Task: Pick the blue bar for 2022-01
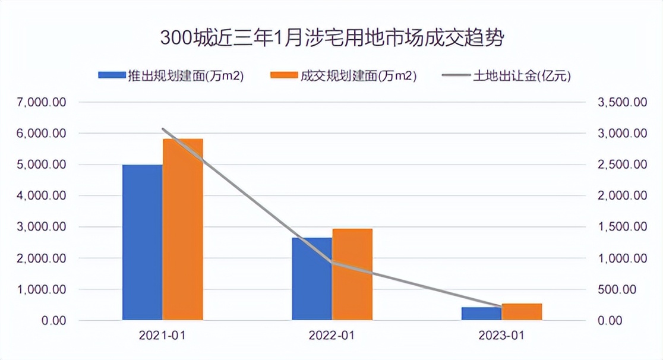[x=312, y=279]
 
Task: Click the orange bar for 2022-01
[x=352, y=274]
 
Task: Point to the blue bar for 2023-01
[x=481, y=314]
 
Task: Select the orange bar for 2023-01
[x=522, y=312]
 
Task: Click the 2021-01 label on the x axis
[x=162, y=336]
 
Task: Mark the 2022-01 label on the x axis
[x=331, y=336]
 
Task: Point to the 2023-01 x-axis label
[x=501, y=336]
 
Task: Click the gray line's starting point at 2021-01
[x=163, y=128]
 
